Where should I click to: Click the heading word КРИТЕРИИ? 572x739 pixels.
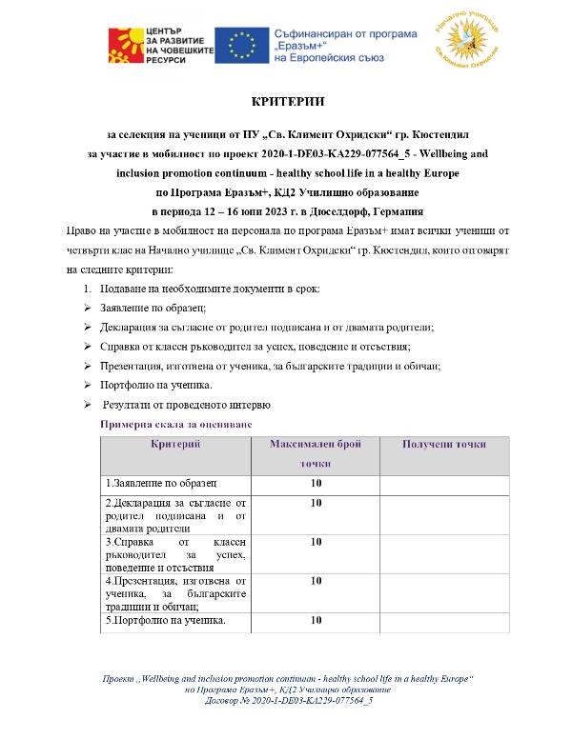[285, 101]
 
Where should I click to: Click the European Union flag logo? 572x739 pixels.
[239, 44]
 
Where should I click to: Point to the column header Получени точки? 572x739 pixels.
[443, 445]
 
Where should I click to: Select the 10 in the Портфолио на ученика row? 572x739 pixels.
[316, 622]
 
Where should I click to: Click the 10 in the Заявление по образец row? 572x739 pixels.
[316, 483]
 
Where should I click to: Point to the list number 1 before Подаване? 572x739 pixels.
[85, 289]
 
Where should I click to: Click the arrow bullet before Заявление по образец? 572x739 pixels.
[86, 308]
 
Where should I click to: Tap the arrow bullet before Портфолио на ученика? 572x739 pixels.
[86, 385]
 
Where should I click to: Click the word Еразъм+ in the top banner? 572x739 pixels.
[300, 46]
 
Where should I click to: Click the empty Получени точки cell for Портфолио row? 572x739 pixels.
[444, 622]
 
